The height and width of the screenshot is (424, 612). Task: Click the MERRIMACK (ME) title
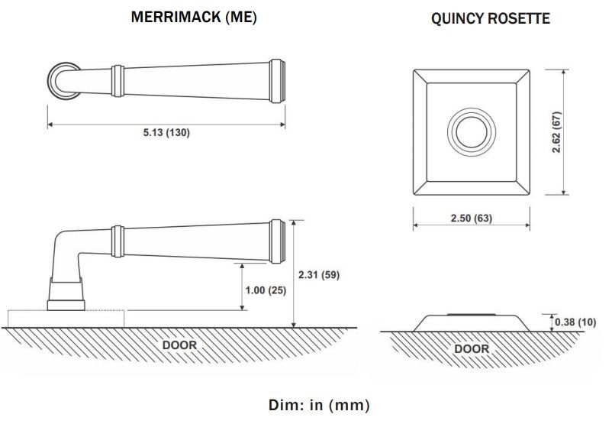click(194, 18)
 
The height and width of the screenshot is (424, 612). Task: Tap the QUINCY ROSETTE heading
click(491, 18)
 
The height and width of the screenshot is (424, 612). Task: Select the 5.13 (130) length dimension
click(166, 132)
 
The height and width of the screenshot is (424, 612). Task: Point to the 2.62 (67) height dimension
click(556, 132)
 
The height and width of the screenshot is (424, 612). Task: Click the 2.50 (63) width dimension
click(472, 218)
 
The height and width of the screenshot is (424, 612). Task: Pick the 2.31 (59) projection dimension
click(319, 275)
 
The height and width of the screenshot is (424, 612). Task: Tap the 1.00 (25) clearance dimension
click(266, 290)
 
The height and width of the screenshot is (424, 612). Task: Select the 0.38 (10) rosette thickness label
click(575, 322)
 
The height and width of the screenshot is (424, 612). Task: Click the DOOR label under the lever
click(179, 345)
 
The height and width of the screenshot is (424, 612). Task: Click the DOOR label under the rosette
click(472, 348)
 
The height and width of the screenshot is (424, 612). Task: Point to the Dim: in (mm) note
click(319, 404)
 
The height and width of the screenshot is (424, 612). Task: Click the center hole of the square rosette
click(472, 131)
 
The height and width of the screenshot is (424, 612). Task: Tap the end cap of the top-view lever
click(278, 81)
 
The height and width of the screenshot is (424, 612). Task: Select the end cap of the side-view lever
click(278, 241)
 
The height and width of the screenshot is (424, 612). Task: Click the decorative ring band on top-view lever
click(118, 81)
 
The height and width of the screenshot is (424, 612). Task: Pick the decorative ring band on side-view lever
click(118, 241)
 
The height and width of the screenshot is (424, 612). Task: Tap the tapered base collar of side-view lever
click(66, 294)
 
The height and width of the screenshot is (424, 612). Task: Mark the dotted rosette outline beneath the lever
click(66, 319)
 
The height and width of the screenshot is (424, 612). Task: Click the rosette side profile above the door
click(472, 323)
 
